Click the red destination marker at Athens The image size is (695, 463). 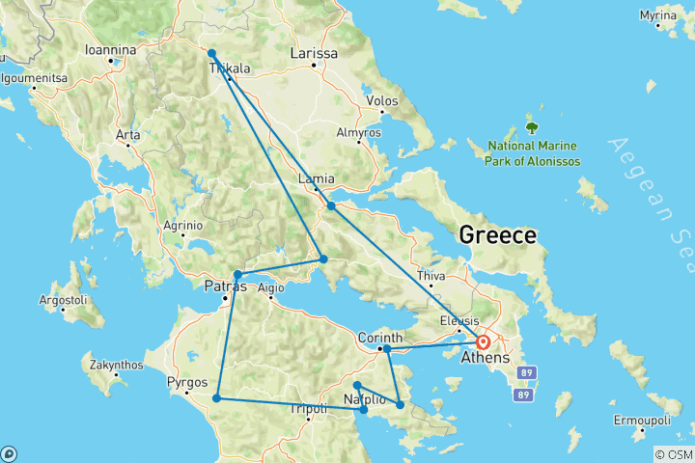484,341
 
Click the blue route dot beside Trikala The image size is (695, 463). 211,54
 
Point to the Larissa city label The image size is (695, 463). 314,54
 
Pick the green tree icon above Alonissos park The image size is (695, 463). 530,126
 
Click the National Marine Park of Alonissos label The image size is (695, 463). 534,153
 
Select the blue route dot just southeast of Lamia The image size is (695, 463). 331,205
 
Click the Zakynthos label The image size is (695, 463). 115,366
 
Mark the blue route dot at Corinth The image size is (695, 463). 386,348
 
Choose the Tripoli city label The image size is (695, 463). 309,409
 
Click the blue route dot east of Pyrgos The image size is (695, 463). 217,398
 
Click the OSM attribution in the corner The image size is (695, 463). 673,454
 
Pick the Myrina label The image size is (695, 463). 663,16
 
